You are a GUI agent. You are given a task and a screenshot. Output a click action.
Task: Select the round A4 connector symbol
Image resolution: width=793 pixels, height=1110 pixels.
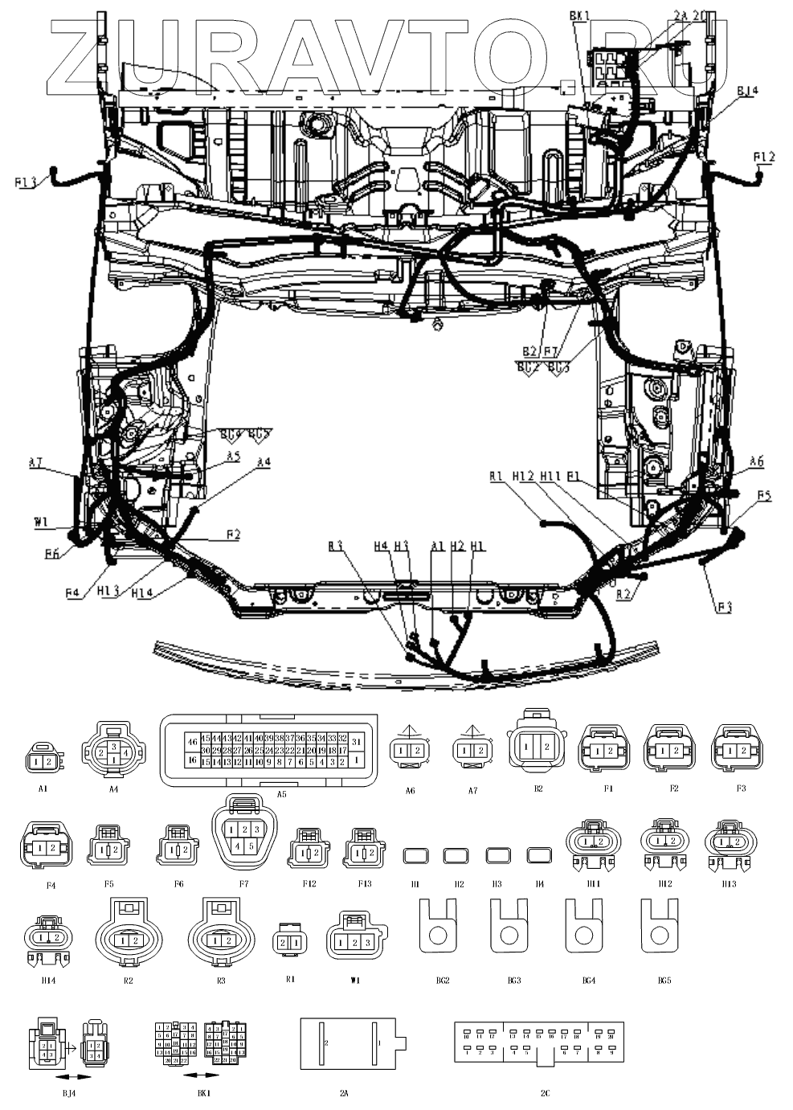pyautogui.click(x=113, y=752)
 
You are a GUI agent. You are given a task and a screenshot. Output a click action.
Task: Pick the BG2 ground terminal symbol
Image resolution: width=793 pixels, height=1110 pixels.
pyautogui.click(x=438, y=926)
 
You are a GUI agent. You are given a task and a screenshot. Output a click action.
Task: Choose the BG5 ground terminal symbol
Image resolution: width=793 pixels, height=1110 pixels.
pyautogui.click(x=660, y=926)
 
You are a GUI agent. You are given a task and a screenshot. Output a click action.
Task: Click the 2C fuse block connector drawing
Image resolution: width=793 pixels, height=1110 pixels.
pyautogui.click(x=538, y=1046)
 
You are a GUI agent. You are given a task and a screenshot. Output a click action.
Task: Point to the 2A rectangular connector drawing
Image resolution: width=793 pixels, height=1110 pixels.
pyautogui.click(x=350, y=1043)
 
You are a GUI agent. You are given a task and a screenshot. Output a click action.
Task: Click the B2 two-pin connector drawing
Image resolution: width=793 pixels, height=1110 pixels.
pyautogui.click(x=536, y=748)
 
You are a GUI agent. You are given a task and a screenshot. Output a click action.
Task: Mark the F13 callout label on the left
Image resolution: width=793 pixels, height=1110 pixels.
pyautogui.click(x=27, y=182)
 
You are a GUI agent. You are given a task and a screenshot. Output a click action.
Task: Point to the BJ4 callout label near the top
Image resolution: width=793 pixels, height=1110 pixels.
pyautogui.click(x=746, y=91)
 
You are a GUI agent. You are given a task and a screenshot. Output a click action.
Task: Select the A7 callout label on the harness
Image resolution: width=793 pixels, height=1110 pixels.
pyautogui.click(x=35, y=461)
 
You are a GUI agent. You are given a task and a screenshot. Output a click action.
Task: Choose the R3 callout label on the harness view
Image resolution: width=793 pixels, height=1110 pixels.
pyautogui.click(x=336, y=546)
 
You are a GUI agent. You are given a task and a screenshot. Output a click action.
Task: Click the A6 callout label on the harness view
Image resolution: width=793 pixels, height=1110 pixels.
pyautogui.click(x=756, y=461)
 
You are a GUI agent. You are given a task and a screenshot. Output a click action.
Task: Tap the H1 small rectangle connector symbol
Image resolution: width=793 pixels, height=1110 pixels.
pyautogui.click(x=415, y=854)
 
